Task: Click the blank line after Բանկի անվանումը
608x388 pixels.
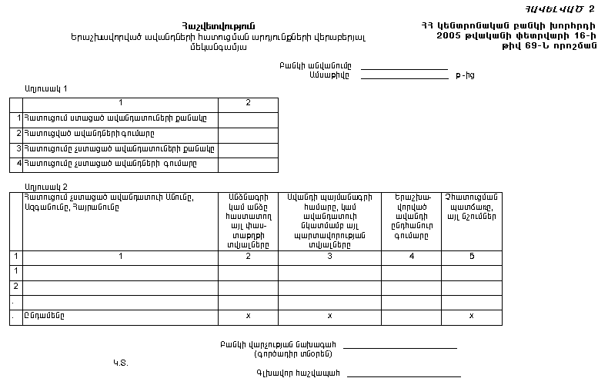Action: click(x=404, y=68)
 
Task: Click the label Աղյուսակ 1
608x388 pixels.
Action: click(x=45, y=89)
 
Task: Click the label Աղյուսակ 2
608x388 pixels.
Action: click(x=45, y=187)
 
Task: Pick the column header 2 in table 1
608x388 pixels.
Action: click(x=248, y=103)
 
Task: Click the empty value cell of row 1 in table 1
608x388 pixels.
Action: click(x=248, y=118)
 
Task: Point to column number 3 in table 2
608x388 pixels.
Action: click(x=329, y=257)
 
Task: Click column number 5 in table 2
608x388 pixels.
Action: click(x=472, y=257)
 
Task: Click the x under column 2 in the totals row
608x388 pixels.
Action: click(x=248, y=316)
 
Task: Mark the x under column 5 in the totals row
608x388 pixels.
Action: click(x=472, y=316)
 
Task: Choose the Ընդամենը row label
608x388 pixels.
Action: click(x=44, y=316)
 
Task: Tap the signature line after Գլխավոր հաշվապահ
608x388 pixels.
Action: click(x=404, y=375)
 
